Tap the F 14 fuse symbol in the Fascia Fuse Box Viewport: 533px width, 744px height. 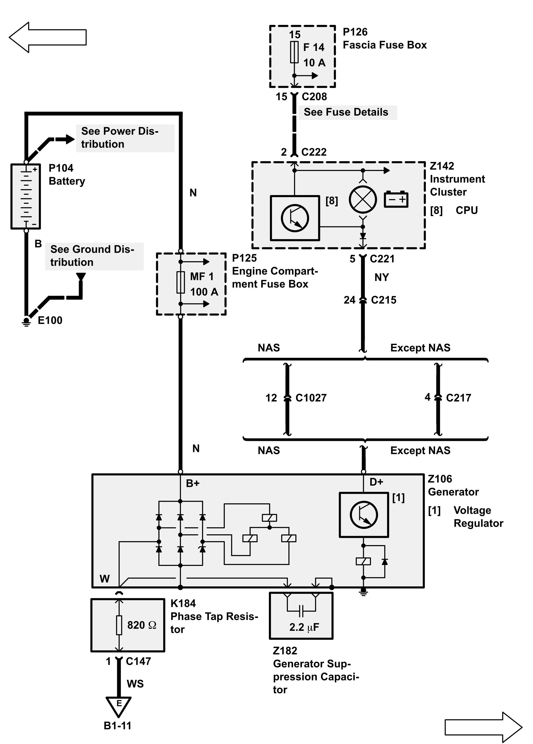pyautogui.click(x=294, y=52)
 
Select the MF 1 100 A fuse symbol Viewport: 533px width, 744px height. pyautogui.click(x=180, y=283)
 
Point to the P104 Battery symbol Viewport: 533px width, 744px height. pyautogui.click(x=26, y=196)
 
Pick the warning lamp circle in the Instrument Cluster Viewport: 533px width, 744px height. pyautogui.click(x=363, y=199)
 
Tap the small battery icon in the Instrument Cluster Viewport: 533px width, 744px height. pyautogui.click(x=396, y=199)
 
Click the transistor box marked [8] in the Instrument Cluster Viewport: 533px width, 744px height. pyautogui.click(x=295, y=218)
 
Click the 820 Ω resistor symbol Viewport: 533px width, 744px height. pyautogui.click(x=119, y=625)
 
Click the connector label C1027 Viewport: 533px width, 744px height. pyautogui.click(x=311, y=398)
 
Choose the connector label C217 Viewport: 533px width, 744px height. pyautogui.click(x=458, y=398)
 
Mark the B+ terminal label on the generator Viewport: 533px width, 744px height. pyautogui.click(x=193, y=483)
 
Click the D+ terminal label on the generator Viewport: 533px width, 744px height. pyautogui.click(x=376, y=482)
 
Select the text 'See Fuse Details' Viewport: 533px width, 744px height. pyautogui.click(x=346, y=112)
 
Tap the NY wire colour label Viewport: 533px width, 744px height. pyautogui.click(x=381, y=277)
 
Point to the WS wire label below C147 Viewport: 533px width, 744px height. pyautogui.click(x=135, y=684)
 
